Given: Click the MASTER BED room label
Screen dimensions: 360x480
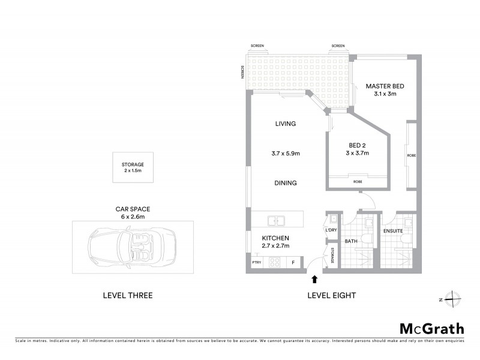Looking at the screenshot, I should click(x=385, y=86).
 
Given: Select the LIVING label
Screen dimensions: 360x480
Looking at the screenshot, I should click(x=286, y=124).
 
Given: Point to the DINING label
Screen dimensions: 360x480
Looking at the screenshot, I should click(x=286, y=183).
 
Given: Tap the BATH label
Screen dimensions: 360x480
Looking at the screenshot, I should click(x=351, y=241).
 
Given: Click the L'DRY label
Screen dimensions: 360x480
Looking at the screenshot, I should click(x=331, y=230).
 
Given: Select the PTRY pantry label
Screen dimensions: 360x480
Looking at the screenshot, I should click(x=257, y=262).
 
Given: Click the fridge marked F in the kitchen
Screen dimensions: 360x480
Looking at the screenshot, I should click(x=294, y=262).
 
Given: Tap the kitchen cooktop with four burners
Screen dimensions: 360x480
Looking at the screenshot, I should click(x=275, y=262).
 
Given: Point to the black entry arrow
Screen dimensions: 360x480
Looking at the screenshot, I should click(x=313, y=278).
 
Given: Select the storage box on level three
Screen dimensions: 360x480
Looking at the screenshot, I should click(x=133, y=167).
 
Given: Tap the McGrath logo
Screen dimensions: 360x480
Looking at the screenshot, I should click(x=431, y=328).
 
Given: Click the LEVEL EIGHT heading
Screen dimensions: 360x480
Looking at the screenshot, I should click(x=331, y=295).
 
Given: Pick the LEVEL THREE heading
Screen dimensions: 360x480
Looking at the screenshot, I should click(x=128, y=295).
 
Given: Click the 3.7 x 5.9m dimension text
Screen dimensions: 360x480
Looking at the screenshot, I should click(x=286, y=154).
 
